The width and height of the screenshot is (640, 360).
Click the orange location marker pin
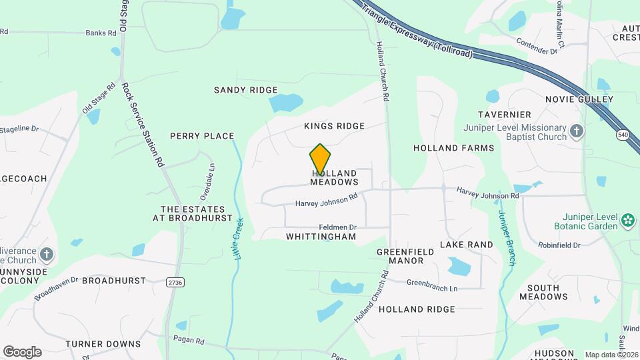point(320,159)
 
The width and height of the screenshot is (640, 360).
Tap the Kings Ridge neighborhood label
point(334,126)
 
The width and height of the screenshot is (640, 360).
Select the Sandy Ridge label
point(245,90)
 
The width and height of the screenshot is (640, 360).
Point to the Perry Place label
point(202,136)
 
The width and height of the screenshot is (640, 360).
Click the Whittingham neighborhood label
point(321,237)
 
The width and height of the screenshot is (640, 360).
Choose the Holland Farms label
point(453,148)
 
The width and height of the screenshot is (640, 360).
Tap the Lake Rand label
point(467,245)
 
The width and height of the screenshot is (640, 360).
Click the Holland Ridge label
point(417,309)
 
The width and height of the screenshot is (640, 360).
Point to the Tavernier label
point(504,115)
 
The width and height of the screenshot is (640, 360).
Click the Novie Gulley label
point(579,99)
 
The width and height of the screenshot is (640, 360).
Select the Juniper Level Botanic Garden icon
point(627,219)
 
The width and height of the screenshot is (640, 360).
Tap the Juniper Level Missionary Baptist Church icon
point(577,131)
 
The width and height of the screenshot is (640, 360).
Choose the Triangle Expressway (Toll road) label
point(416,30)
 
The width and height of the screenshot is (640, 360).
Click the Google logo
point(22,351)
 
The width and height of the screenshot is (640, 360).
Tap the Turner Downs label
point(103,344)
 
